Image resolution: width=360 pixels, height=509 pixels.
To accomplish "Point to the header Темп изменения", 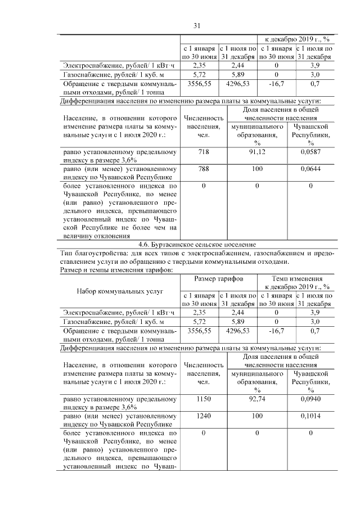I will point(296,279).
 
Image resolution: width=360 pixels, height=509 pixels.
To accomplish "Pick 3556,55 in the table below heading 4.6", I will point(200,331).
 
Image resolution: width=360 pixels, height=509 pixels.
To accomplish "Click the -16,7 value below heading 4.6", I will point(276,331).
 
